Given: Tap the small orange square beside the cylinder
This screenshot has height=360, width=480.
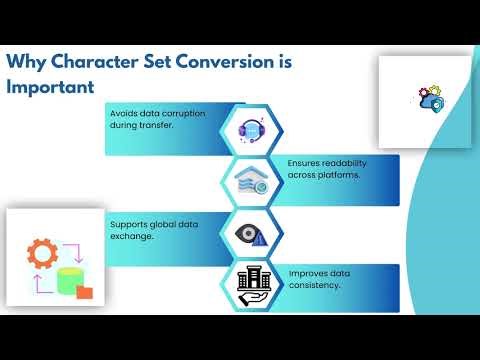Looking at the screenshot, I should click(87, 294).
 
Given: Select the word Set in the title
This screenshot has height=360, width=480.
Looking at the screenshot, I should click(157, 62).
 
